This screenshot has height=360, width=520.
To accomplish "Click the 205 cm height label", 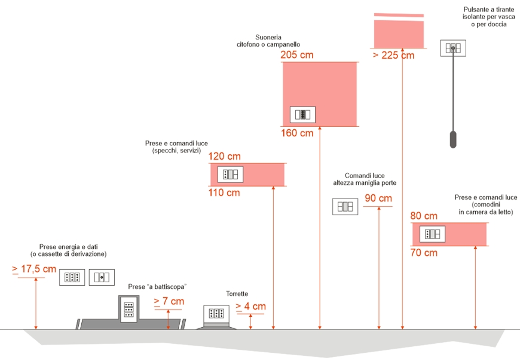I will point(296,55).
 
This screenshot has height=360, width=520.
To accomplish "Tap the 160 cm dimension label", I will point(296,133).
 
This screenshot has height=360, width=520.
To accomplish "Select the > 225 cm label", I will point(393,56).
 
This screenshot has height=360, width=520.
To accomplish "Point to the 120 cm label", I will point(224,156).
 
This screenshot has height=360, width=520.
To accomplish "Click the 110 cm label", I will point(224,193).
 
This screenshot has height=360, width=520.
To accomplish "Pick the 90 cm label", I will point(378,199).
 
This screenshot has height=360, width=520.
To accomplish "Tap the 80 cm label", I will point(424,216).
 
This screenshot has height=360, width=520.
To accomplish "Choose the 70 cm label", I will point(424,252).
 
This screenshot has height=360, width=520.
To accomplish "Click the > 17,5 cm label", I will point(34,269).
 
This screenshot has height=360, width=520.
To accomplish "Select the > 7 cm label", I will point(169,301).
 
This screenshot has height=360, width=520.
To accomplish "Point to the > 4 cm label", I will point(250,306).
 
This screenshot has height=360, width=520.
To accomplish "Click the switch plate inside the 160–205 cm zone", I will point(302,114).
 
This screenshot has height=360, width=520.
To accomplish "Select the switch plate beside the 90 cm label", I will point(345,206).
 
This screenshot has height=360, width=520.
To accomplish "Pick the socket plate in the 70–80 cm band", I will point(432,234).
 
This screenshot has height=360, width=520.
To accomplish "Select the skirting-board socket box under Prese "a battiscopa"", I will point(129,309).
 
